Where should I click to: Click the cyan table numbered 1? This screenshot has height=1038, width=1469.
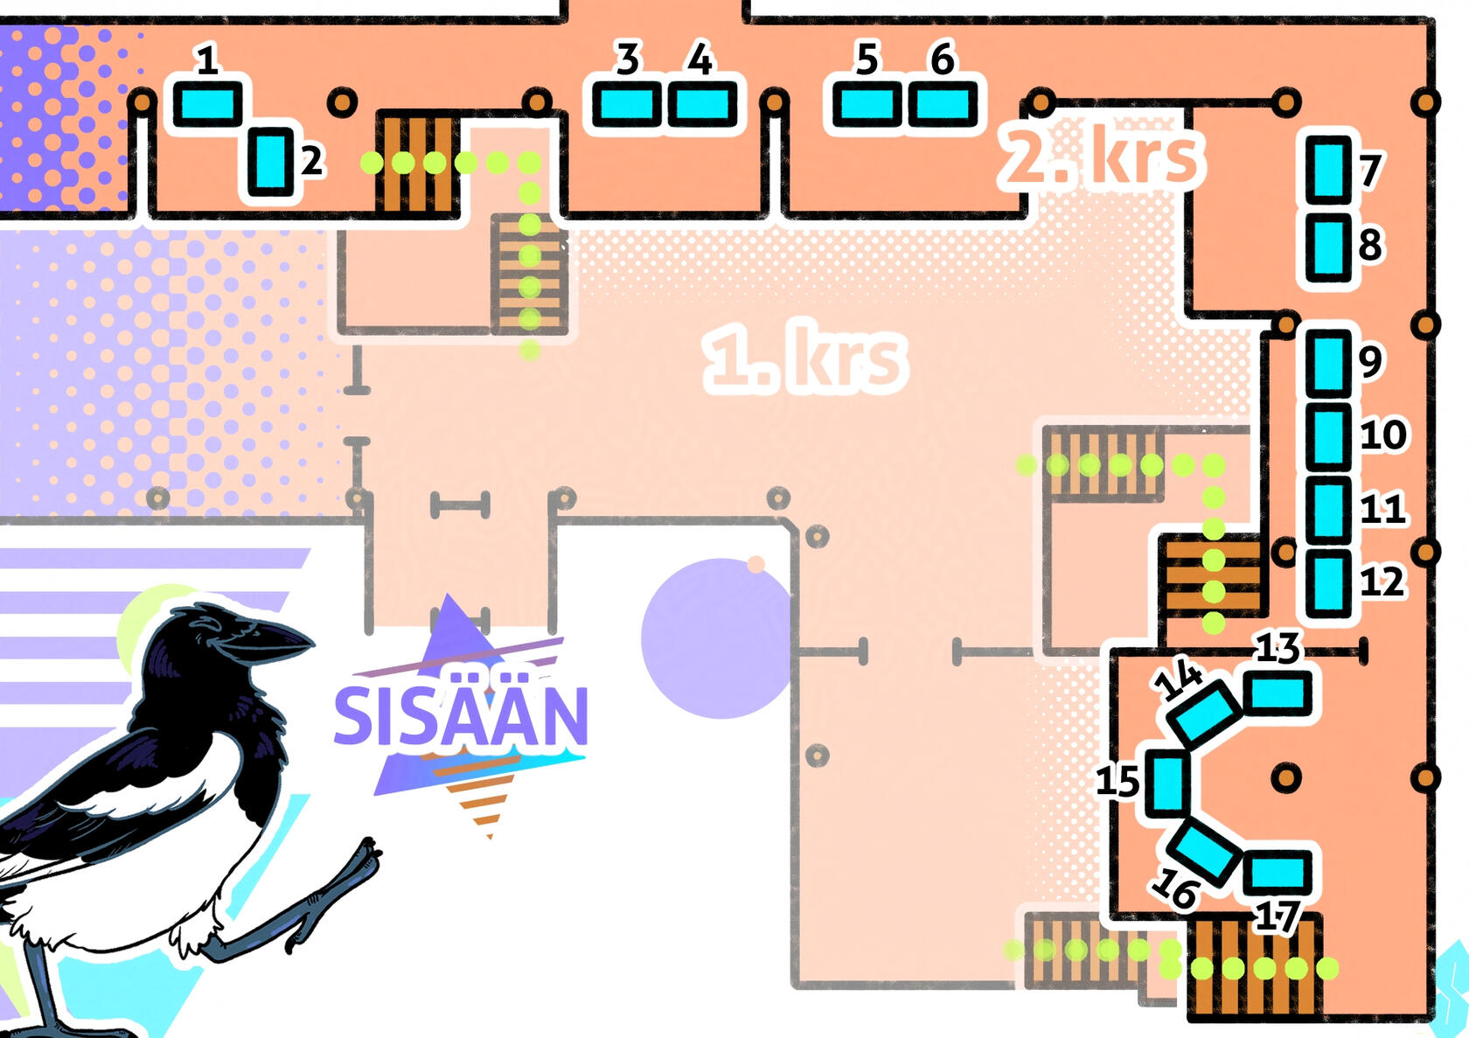pyautogui.click(x=207, y=103)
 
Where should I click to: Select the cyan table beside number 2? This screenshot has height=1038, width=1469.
pyautogui.click(x=270, y=162)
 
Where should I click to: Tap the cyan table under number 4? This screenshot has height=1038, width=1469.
pyautogui.click(x=702, y=103)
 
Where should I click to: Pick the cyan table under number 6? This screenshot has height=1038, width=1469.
pyautogui.click(x=943, y=103)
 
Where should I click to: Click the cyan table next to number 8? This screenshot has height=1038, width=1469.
pyautogui.click(x=1329, y=247)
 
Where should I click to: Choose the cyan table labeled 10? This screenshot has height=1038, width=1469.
pyautogui.click(x=1329, y=436)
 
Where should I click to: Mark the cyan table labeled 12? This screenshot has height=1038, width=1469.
pyautogui.click(x=1329, y=583)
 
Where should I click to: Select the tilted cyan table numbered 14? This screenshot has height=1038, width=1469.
pyautogui.click(x=1205, y=714)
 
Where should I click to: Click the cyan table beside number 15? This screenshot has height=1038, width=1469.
pyautogui.click(x=1168, y=783)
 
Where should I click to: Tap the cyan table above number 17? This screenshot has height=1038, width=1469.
pyautogui.click(x=1278, y=873)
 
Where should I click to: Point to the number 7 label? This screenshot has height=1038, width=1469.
pyautogui.click(x=1370, y=171)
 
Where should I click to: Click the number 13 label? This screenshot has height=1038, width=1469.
pyautogui.click(x=1278, y=648)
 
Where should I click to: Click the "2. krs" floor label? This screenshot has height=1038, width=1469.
pyautogui.click(x=1101, y=157)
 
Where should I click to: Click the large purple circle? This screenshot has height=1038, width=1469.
pyautogui.click(x=718, y=638)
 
